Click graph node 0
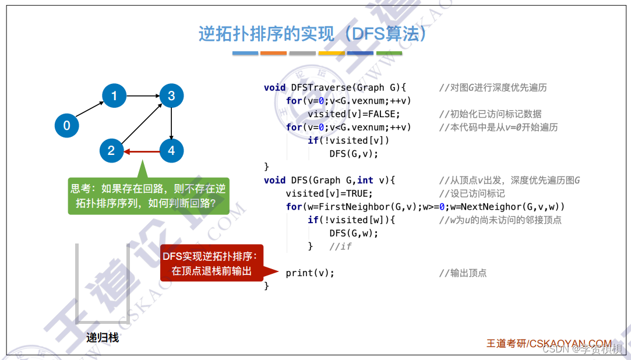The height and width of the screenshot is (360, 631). [66, 125]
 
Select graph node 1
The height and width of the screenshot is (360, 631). [114, 96]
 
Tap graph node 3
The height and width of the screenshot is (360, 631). [171, 96]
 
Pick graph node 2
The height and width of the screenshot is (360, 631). [111, 151]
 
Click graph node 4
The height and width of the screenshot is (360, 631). [171, 151]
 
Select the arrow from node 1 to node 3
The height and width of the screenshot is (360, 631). [143, 96]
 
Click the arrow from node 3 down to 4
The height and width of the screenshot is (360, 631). [171, 123]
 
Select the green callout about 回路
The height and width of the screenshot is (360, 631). [149, 196]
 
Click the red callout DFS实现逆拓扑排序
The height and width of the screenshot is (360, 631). [212, 263]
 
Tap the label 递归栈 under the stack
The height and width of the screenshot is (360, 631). [103, 338]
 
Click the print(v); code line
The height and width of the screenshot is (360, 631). [310, 273]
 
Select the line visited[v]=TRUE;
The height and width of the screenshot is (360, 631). [329, 193]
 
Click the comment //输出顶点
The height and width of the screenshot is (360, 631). [463, 273]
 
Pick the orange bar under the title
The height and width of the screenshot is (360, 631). [273, 53]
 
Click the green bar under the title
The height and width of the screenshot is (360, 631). [389, 53]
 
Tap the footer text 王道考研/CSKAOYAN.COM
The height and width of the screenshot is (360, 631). [549, 344]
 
